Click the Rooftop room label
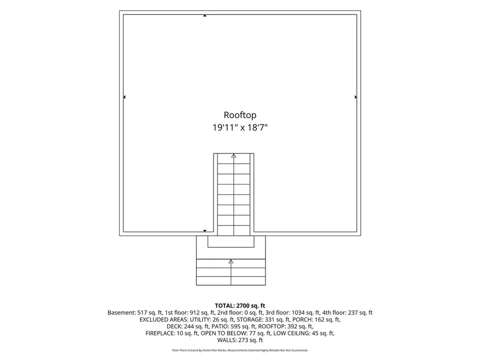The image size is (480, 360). click(x=240, y=115)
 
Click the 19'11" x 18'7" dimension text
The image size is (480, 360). click(x=240, y=127)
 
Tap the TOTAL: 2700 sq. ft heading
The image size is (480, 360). click(x=240, y=306)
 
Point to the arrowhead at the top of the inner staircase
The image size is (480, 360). click(x=234, y=156)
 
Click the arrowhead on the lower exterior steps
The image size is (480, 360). click(x=231, y=262)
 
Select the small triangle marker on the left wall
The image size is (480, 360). click(x=124, y=97)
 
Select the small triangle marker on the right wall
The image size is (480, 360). click(x=356, y=97)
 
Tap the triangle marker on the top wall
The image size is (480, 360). click(x=205, y=15)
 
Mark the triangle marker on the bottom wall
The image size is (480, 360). click(x=205, y=231)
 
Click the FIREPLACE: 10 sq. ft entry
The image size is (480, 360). click(x=172, y=333)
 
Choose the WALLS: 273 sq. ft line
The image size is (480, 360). click(x=240, y=340)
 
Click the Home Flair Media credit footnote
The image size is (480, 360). click(x=240, y=350)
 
